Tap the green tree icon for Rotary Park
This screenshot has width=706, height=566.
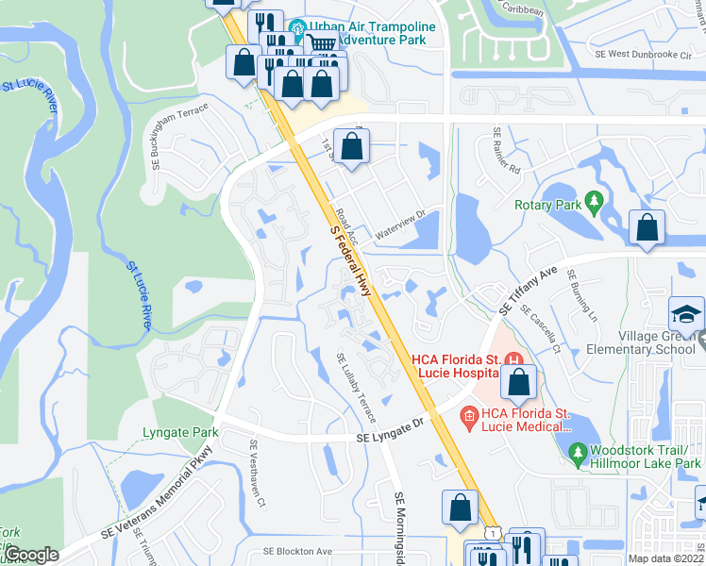click(594, 201)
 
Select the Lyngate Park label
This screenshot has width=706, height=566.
click(179, 432)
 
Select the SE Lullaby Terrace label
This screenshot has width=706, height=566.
click(357, 387)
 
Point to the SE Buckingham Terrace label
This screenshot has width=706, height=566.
click(179, 137)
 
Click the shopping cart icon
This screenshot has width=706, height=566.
click(322, 42)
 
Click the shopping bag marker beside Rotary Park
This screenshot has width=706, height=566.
click(647, 228)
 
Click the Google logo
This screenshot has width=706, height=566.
click(31, 555)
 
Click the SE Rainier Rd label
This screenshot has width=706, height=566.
click(506, 152)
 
